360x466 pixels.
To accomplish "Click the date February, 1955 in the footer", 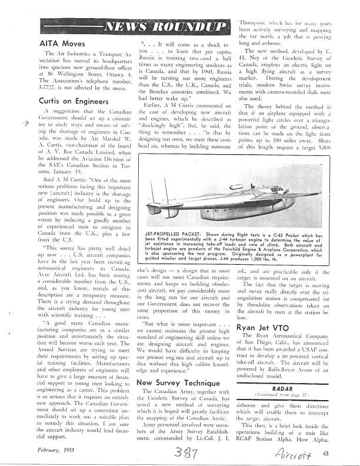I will [54, 448].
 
